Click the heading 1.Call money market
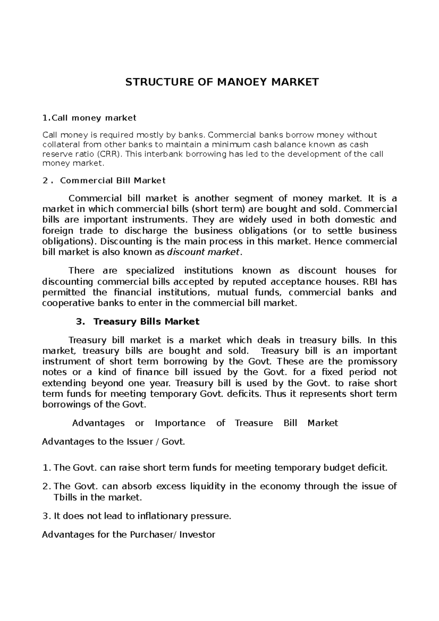(89, 118)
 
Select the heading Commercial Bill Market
(113, 180)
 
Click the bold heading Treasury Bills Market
(146, 321)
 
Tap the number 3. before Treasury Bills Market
(80, 321)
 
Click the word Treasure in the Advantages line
(254, 423)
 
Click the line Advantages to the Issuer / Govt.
(114, 442)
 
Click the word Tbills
(65, 497)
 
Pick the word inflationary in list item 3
(162, 516)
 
